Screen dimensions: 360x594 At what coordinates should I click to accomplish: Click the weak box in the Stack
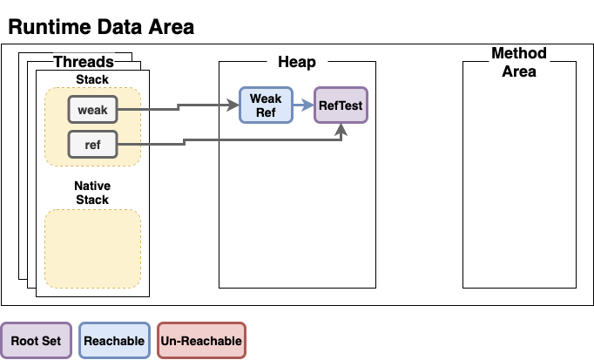coord(92,110)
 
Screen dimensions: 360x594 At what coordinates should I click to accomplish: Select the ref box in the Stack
coord(92,144)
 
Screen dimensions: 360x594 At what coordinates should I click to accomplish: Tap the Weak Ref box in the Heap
coord(265,105)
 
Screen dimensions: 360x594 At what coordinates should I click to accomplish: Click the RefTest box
coord(341,105)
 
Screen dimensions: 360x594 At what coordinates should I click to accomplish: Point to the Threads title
coord(84,62)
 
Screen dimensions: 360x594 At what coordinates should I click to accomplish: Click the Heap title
coord(296,62)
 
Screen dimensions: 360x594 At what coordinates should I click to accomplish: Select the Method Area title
coord(518,62)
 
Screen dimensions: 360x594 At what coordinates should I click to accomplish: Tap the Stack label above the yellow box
coord(92,80)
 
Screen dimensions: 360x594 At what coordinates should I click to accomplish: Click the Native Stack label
coord(92,193)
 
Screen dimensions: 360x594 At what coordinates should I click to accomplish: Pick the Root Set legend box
coord(37,341)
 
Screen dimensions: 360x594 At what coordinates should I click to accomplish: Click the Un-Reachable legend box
coord(201,341)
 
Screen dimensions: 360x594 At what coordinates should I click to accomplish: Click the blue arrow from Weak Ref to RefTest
coord(302,105)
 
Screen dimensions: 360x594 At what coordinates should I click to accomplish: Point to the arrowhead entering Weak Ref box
coord(233,105)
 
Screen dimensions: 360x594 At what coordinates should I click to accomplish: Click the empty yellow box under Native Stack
coord(92,248)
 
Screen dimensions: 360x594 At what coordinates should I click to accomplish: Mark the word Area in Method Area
coord(518,71)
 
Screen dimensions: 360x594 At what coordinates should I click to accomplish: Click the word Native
coord(92,187)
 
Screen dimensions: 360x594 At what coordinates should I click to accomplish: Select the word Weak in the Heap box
coord(265,98)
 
